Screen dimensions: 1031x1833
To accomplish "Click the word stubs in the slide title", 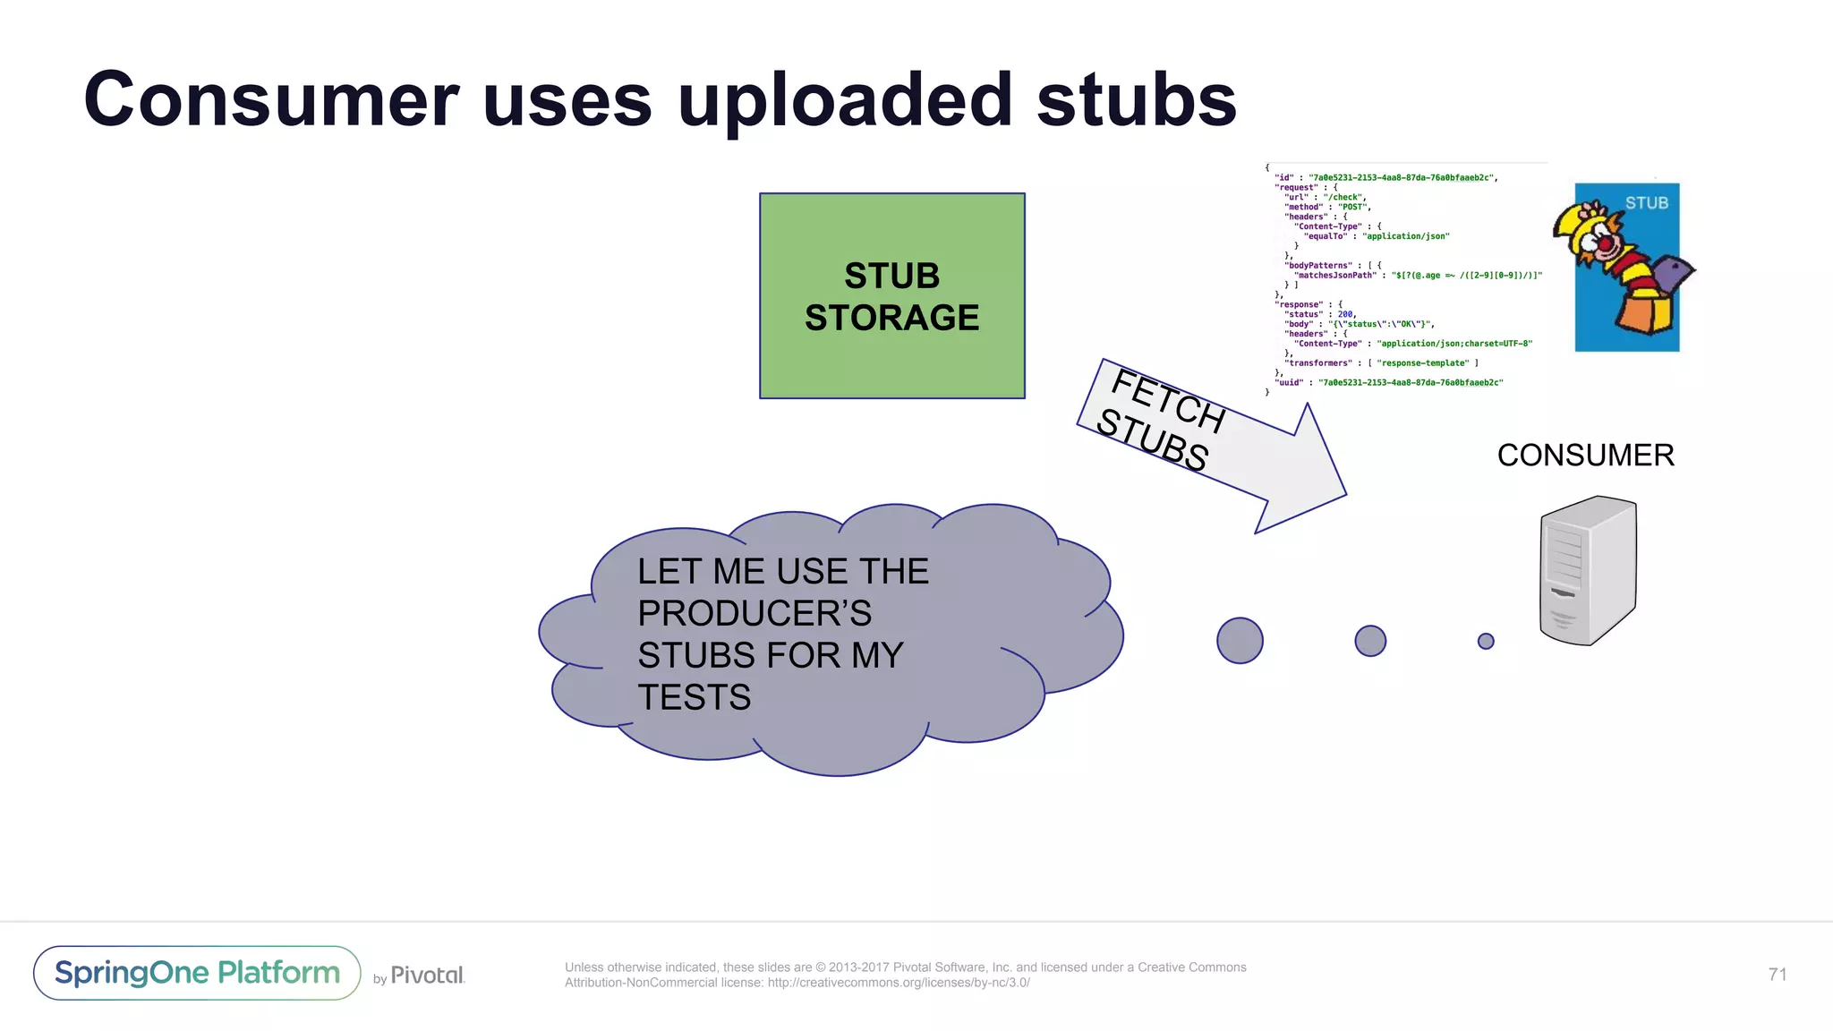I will click(x=1137, y=100).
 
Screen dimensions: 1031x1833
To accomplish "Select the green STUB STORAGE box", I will click(x=891, y=296).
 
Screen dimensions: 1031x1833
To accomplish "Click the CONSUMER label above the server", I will click(x=1585, y=456).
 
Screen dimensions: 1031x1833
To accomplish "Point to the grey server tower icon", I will click(x=1588, y=570).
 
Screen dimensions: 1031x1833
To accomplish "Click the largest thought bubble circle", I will click(x=1240, y=641).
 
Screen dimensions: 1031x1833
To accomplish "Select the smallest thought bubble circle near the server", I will click(x=1486, y=641).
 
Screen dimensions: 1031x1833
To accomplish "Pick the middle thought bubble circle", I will click(x=1370, y=641).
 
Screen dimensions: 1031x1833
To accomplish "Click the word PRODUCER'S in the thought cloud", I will click(x=755, y=614).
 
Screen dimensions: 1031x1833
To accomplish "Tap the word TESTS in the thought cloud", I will click(x=694, y=697).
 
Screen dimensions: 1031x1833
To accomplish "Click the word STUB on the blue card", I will click(x=1647, y=203).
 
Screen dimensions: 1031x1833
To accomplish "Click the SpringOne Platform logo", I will click(x=197, y=973).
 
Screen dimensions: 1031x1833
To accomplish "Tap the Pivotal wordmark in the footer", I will click(x=427, y=976).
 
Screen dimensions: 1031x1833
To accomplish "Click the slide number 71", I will click(x=1778, y=975).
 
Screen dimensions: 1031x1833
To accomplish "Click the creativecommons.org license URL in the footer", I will click(x=899, y=983).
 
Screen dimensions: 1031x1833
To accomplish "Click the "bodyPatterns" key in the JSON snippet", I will click(x=1318, y=266).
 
